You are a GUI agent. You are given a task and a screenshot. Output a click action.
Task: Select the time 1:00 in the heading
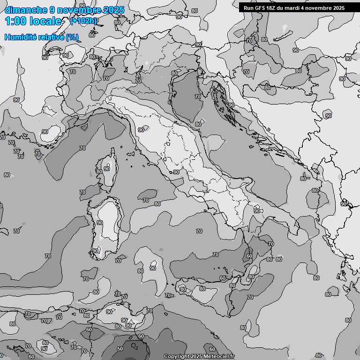click(x=15, y=21)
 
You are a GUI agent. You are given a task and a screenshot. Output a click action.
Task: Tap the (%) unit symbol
click(x=72, y=37)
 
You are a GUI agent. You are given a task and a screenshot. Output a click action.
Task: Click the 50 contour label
click(x=120, y=349)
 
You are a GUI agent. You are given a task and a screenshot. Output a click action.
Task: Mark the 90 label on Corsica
click(x=107, y=169)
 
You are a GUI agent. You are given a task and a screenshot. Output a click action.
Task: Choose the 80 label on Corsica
click(x=99, y=172)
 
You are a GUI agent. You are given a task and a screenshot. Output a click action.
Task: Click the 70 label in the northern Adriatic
click(x=198, y=97)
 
